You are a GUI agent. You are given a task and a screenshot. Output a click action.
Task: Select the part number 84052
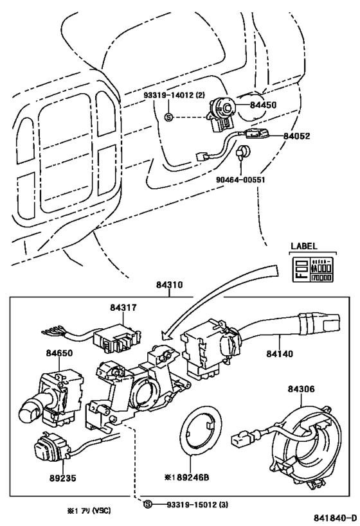pos(297,136)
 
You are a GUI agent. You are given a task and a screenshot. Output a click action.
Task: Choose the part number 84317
pos(123,309)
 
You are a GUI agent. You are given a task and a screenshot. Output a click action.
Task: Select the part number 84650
pos(59,353)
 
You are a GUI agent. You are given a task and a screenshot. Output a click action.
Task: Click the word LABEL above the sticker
pos(304,246)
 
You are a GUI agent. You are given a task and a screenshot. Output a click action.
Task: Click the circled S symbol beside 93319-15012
pos(148,505)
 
